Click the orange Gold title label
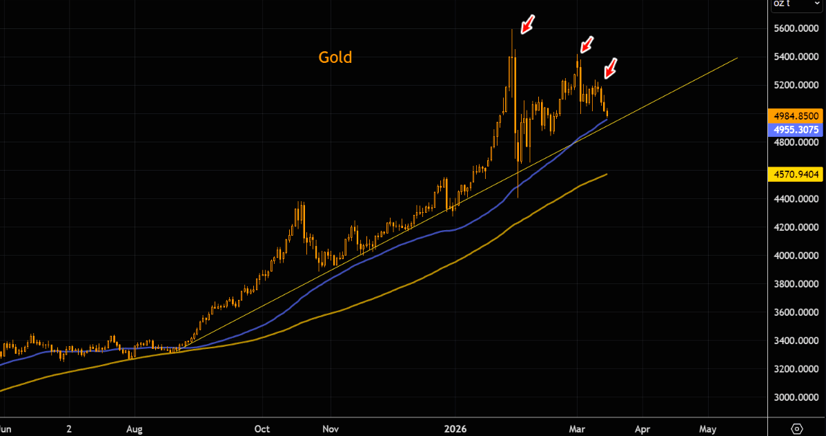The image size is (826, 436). pyautogui.click(x=335, y=57)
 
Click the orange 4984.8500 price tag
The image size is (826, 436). pyautogui.click(x=796, y=115)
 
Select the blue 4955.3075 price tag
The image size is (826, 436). pyautogui.click(x=796, y=129)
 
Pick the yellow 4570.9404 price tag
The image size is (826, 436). pyautogui.click(x=796, y=175)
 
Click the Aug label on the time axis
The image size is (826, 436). pyautogui.click(x=135, y=428)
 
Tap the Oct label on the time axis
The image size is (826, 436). pyautogui.click(x=262, y=428)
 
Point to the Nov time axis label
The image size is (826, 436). pyautogui.click(x=331, y=428)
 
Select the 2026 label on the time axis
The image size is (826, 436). pyautogui.click(x=455, y=428)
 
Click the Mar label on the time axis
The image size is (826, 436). pyautogui.click(x=577, y=428)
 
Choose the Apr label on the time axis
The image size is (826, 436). pyautogui.click(x=642, y=428)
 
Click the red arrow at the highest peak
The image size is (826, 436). pyautogui.click(x=527, y=26)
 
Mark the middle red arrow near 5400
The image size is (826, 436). pyautogui.click(x=587, y=45)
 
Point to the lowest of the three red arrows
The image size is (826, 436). pyautogui.click(x=610, y=68)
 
